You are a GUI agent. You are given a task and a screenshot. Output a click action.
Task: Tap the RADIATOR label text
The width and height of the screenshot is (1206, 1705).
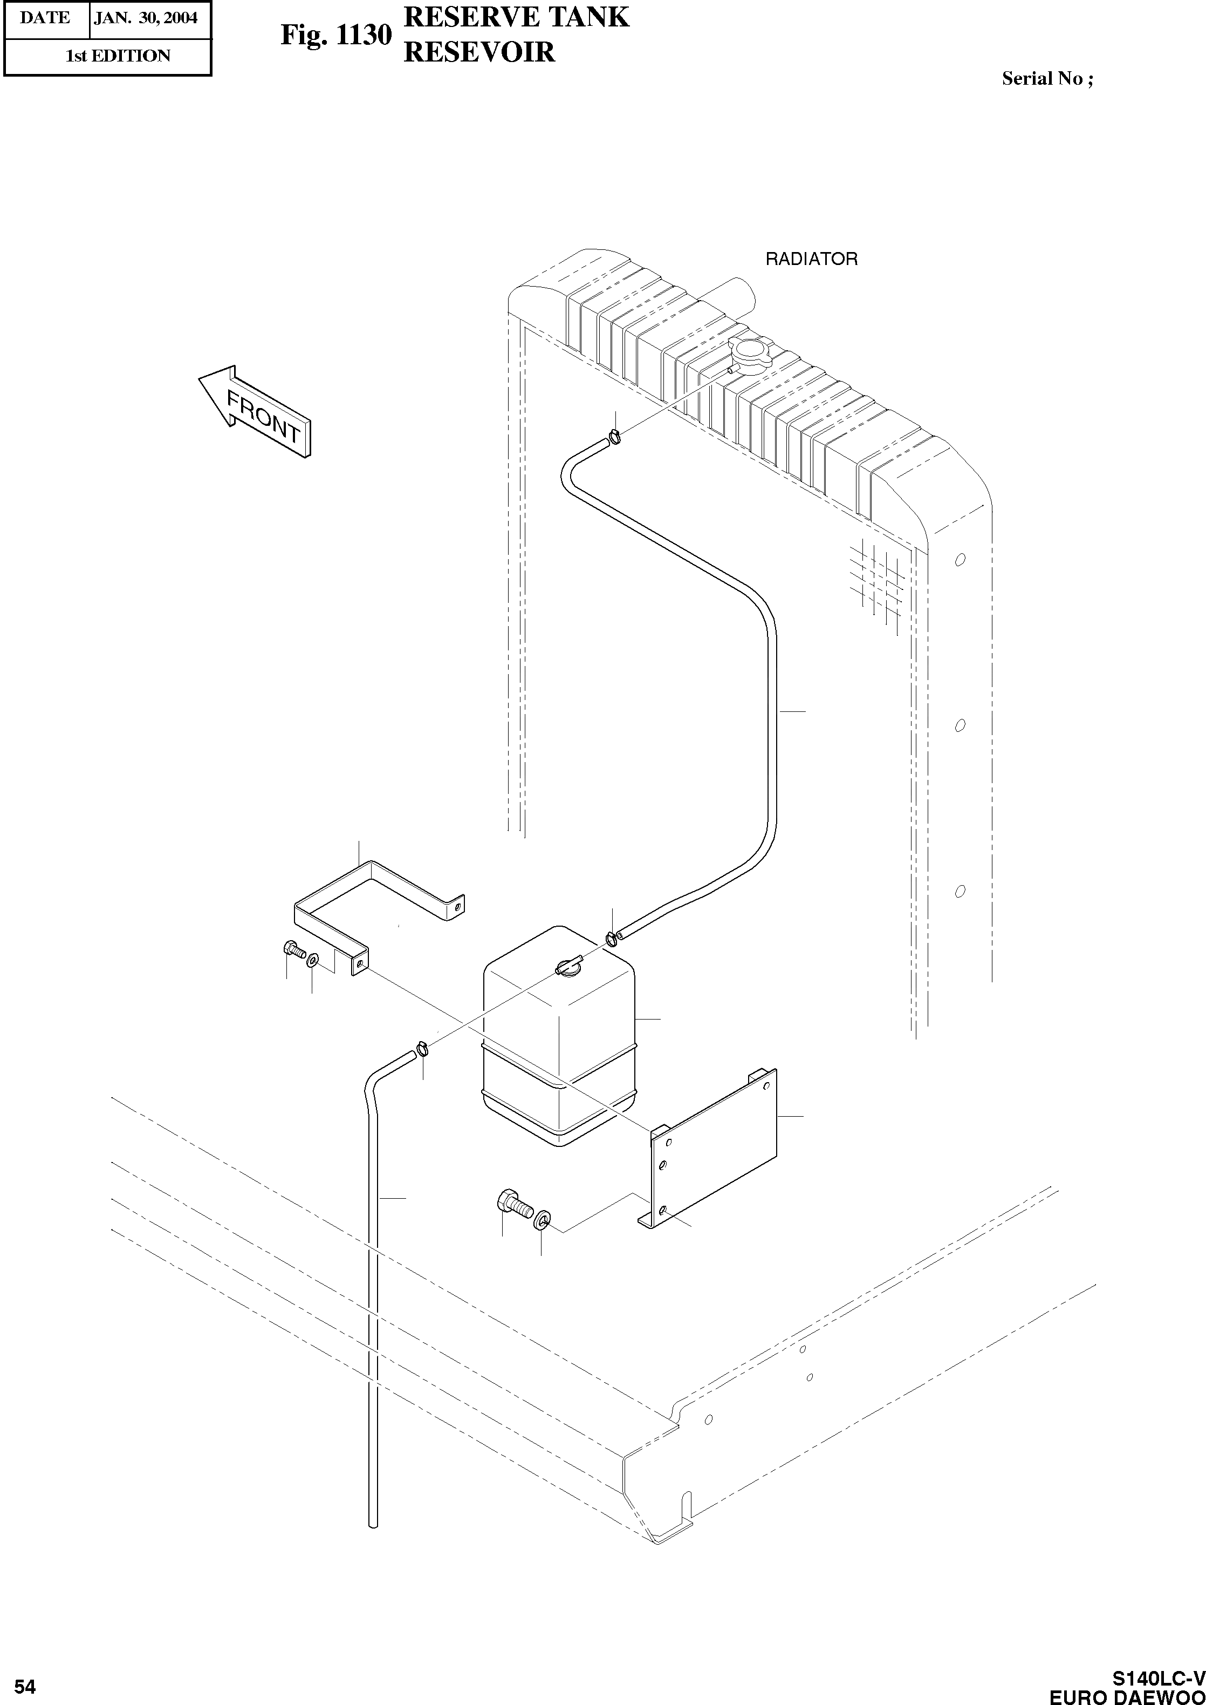click(x=811, y=259)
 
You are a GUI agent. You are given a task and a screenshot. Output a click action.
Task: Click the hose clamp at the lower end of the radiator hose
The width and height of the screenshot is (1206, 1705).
click(x=611, y=938)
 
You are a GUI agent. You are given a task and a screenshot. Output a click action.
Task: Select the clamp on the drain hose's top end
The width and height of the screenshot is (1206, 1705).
click(x=422, y=1048)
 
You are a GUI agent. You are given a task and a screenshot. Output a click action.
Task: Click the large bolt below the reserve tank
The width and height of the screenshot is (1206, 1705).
click(x=515, y=1204)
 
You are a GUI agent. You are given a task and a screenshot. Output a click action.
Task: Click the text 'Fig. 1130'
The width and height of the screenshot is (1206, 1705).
click(x=335, y=36)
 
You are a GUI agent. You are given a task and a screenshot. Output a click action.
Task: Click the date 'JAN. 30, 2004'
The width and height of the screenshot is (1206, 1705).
click(x=146, y=18)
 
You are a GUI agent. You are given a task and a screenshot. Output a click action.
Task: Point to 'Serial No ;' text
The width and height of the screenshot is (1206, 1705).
click(x=1047, y=79)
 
